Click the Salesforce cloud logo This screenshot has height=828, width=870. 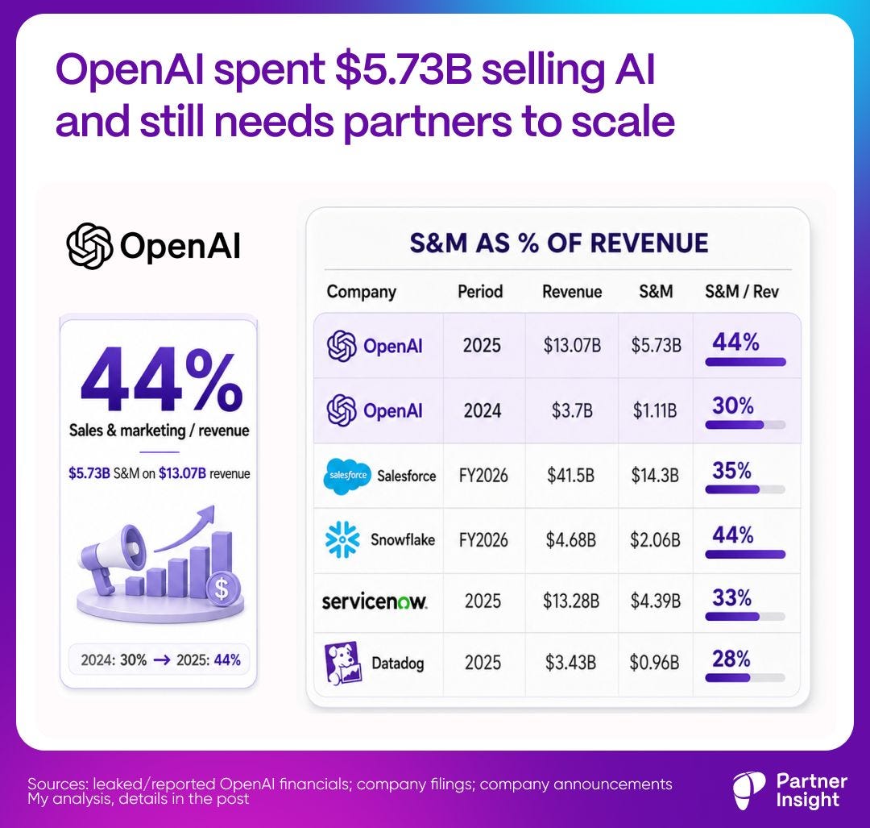coord(346,476)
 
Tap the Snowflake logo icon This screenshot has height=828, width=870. coord(342,539)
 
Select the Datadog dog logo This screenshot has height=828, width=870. coord(343,663)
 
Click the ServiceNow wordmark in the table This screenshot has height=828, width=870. coord(375,601)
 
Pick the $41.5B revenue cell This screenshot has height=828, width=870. coord(570,476)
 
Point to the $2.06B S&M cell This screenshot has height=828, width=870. coord(655,540)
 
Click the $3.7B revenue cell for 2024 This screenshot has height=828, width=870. coord(571,411)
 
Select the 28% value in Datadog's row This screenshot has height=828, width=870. coord(731,659)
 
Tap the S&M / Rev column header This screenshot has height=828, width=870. coord(742,292)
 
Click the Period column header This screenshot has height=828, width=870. coord(480,292)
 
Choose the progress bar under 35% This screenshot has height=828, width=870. coord(745,490)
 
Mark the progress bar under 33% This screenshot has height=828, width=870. coord(745,617)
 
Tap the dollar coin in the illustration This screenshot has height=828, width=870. coord(222,588)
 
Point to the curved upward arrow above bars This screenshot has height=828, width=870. coord(186,527)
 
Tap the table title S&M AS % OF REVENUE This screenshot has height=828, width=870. coord(559,243)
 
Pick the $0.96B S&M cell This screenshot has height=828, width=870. coord(654,663)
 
